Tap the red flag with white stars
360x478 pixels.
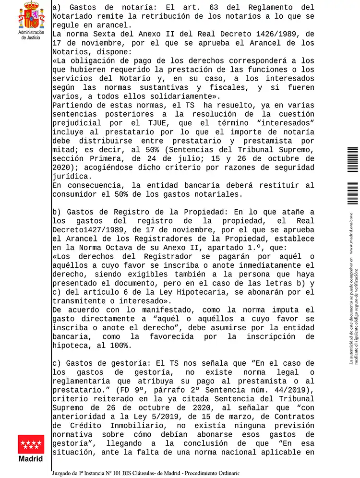pos(31,444)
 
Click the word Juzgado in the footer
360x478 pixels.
pos(66,473)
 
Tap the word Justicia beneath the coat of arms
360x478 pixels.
pos(31,37)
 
